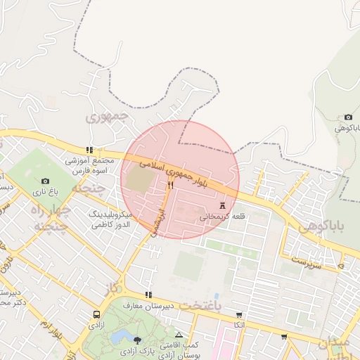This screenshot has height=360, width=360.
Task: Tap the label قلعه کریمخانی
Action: tap(223, 217)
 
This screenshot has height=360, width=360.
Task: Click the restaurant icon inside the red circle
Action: tap(170, 186)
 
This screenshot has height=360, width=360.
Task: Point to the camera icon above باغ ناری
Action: tap(46, 181)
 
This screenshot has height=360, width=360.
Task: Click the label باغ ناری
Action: tap(46, 191)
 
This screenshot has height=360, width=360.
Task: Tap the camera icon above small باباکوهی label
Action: tap(348, 117)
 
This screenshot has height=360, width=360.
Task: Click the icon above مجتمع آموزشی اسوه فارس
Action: tap(89, 150)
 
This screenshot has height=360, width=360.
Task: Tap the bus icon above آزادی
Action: tap(96, 314)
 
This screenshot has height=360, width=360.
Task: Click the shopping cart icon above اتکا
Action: tap(239, 314)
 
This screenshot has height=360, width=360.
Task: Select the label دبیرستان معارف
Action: tap(147, 306)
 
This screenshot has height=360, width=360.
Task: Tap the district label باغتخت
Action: tap(199, 306)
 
